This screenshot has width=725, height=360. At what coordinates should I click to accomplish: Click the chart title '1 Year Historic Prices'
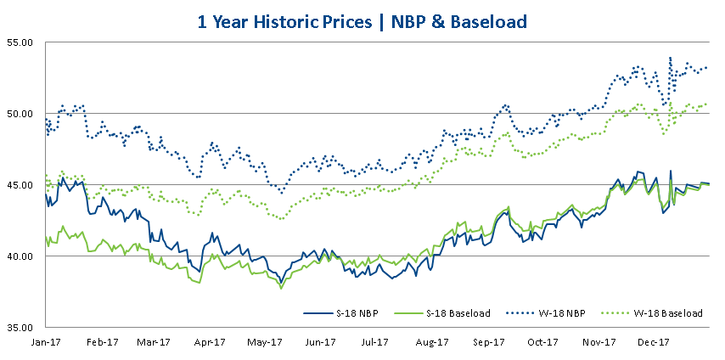point(285,20)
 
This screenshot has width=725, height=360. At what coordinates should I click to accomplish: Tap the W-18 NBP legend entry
point(559,313)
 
